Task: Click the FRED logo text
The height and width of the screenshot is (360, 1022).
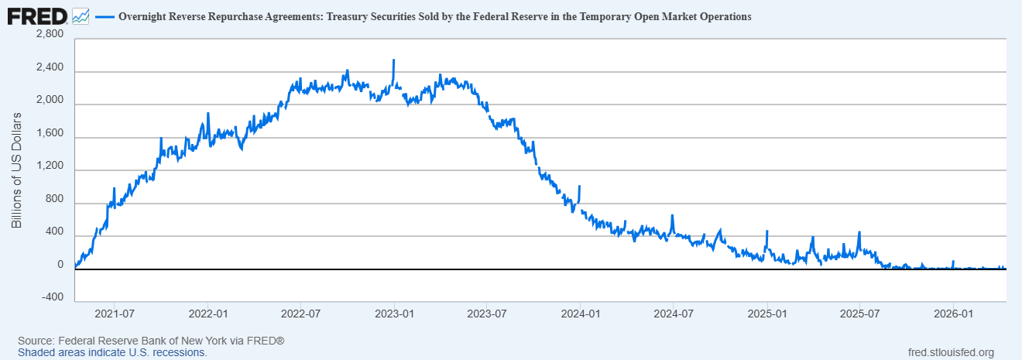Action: point(36,15)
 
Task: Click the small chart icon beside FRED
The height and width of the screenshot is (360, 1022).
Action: point(81,15)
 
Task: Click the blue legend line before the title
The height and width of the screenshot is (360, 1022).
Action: point(105,16)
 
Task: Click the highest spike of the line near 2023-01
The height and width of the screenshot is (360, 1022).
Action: point(394,60)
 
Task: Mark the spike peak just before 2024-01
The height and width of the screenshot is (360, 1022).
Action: point(580,186)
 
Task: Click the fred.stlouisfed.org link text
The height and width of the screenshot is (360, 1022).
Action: point(950,352)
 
